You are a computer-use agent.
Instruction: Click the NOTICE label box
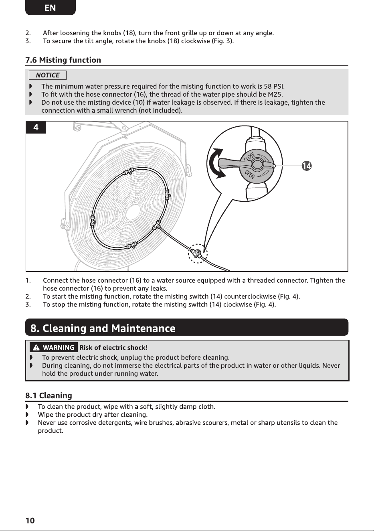click(48, 75)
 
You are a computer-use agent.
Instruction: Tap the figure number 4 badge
click(36, 128)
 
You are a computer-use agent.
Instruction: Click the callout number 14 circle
click(307, 166)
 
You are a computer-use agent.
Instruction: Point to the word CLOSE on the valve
click(250, 156)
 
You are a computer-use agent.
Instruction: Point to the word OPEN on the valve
click(250, 175)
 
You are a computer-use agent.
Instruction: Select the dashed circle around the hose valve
click(198, 253)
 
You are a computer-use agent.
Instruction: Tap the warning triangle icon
click(36, 348)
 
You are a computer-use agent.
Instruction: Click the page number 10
click(30, 521)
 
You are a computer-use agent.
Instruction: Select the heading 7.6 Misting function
click(63, 60)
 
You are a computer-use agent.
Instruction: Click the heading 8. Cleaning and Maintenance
click(103, 328)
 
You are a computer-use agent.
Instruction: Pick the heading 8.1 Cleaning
click(49, 395)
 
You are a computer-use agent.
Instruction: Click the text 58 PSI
click(274, 86)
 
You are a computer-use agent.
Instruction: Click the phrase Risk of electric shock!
click(113, 348)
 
